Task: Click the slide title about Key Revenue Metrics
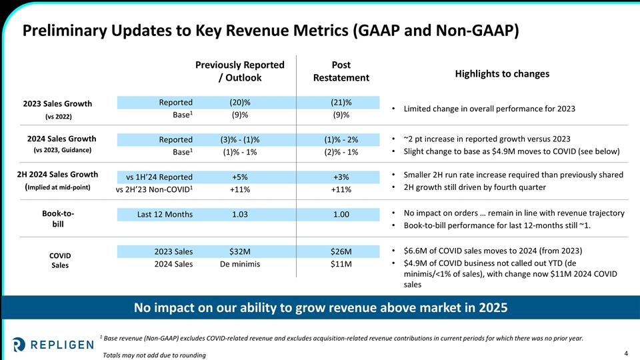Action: pos(271,31)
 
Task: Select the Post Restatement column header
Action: pos(341,71)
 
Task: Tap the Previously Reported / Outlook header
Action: pos(239,71)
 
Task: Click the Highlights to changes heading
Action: pos(502,73)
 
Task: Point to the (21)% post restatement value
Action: pos(341,102)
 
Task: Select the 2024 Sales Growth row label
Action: pos(61,139)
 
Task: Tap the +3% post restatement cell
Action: pos(341,177)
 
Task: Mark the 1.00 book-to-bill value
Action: pos(341,214)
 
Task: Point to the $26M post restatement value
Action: pos(341,251)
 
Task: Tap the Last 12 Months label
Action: pos(165,214)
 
